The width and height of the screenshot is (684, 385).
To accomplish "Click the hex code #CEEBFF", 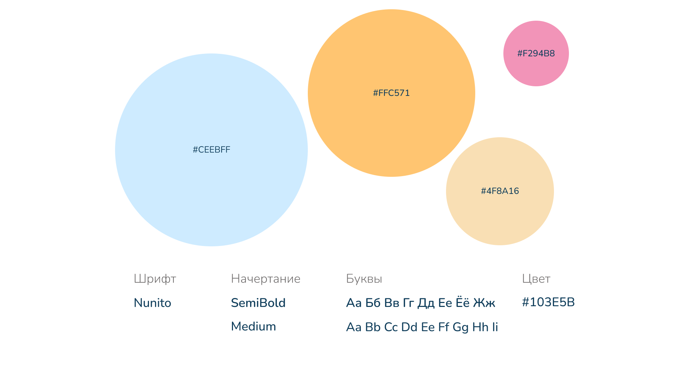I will coord(211,150).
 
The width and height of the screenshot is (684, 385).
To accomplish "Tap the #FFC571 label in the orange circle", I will coord(391,93).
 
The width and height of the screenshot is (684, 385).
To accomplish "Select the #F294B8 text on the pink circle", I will coord(536,53).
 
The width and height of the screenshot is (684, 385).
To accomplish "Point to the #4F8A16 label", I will coord(500,191).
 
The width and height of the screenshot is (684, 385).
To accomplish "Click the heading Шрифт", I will coord(155,279).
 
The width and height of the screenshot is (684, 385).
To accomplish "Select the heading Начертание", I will coord(265,279).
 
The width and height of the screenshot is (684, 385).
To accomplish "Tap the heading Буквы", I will coord(364,279).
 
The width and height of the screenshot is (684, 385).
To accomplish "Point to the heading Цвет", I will coord(536,279).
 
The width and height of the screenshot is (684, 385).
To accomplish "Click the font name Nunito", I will coord(152,303).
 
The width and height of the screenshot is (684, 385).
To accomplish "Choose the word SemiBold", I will coord(258,303).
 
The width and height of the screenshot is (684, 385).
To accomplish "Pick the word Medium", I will coord(253,327).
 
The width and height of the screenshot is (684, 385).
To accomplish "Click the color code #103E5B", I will coord(548,302).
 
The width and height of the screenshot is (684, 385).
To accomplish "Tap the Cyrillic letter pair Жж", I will coord(484,303).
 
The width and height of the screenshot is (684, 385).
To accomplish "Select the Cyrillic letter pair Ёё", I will coord(462,302).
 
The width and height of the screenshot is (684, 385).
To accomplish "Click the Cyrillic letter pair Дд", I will coord(426,303).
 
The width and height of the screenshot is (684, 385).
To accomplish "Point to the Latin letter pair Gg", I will coord(460,327).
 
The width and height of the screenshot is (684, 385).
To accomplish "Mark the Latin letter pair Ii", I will coord(495,327).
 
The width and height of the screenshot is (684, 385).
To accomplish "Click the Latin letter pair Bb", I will coord(373,327).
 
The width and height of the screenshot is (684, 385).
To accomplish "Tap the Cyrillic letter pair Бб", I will coord(373,303).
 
